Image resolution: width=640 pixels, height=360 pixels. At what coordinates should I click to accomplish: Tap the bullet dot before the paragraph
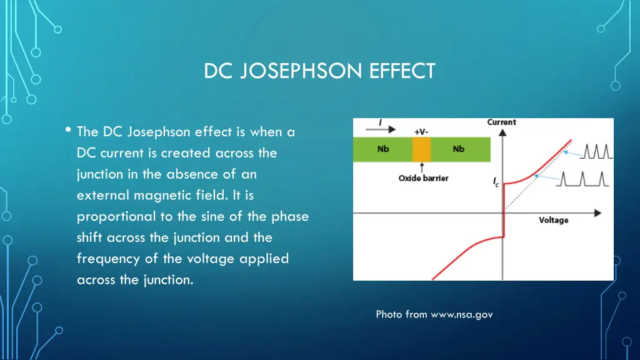tap(67, 130)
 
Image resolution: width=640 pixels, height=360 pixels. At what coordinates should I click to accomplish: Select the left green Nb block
tap(382, 150)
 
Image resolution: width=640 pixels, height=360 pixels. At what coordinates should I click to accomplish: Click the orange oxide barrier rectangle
tap(421, 150)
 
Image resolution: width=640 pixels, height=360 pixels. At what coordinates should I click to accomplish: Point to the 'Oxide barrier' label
tap(423, 179)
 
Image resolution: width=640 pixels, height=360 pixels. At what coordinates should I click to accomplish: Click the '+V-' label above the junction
tap(421, 132)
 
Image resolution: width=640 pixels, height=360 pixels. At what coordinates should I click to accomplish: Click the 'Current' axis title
tap(501, 122)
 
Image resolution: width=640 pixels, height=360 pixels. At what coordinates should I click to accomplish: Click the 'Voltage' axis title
tap(554, 221)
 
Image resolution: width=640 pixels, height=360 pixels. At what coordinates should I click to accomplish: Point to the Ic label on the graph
tap(495, 182)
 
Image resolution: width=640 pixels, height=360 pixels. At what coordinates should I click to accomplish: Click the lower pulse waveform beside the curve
tap(585, 180)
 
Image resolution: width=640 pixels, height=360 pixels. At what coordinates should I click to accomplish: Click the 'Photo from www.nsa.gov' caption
tap(434, 314)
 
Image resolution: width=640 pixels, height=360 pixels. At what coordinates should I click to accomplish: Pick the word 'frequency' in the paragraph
tap(104, 259)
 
